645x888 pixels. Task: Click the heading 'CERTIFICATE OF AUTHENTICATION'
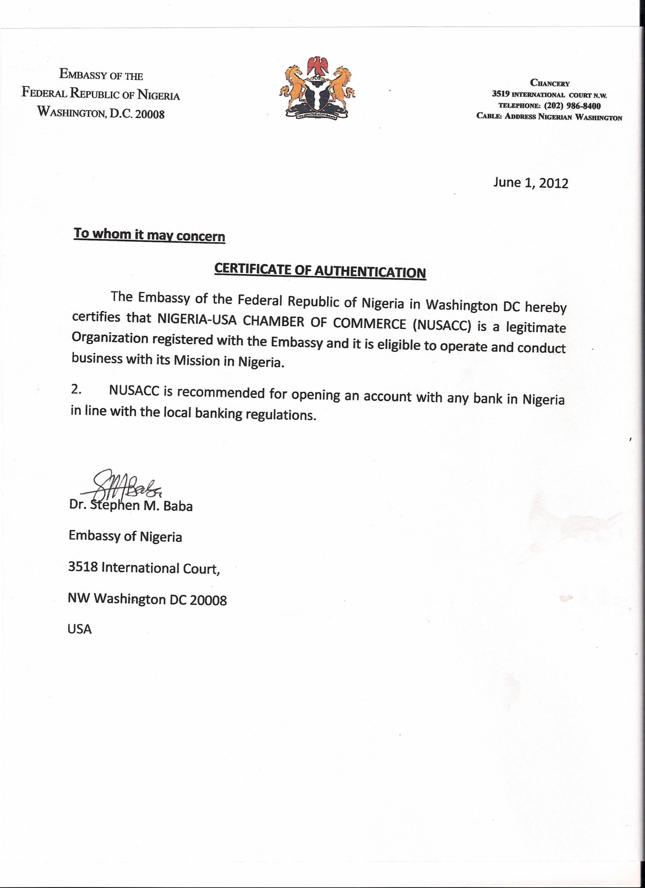tap(320, 271)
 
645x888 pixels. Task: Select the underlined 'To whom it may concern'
tap(149, 234)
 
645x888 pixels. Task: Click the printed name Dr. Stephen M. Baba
tap(131, 505)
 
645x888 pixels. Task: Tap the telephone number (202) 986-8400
tap(572, 106)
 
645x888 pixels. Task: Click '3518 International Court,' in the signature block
tap(144, 568)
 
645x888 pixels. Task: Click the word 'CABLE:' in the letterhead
tap(489, 116)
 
